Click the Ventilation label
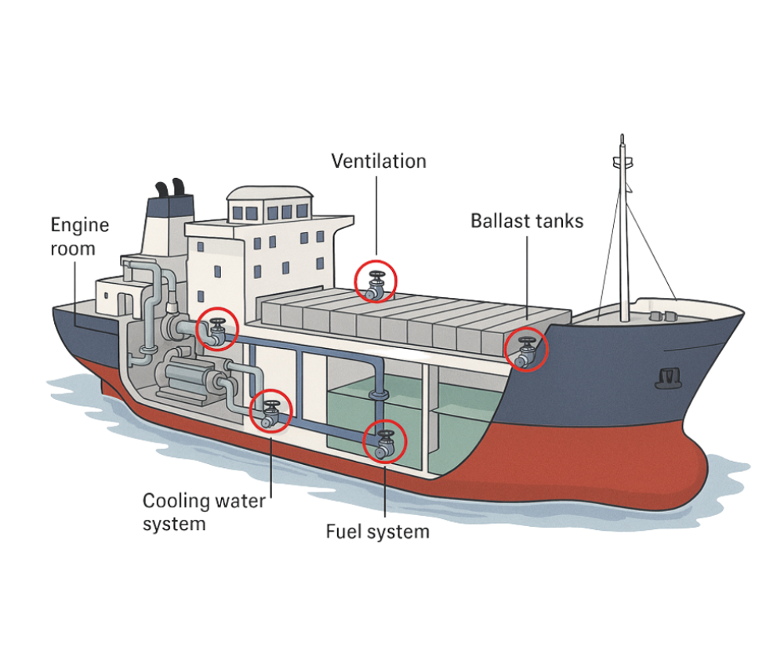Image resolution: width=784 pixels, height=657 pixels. click(379, 162)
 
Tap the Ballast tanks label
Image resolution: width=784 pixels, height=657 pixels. click(527, 221)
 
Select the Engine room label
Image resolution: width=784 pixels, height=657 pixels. click(79, 237)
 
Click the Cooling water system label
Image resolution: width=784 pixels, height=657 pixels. click(204, 512)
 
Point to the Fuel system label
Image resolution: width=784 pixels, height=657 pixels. click(378, 532)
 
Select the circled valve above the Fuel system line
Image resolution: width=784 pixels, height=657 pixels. click(385, 441)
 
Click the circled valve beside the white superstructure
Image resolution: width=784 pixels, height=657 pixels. click(216, 328)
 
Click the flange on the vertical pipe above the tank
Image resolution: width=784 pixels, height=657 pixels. click(378, 391)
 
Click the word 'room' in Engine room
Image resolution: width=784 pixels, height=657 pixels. click(73, 249)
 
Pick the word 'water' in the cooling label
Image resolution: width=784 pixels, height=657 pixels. click(238, 501)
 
